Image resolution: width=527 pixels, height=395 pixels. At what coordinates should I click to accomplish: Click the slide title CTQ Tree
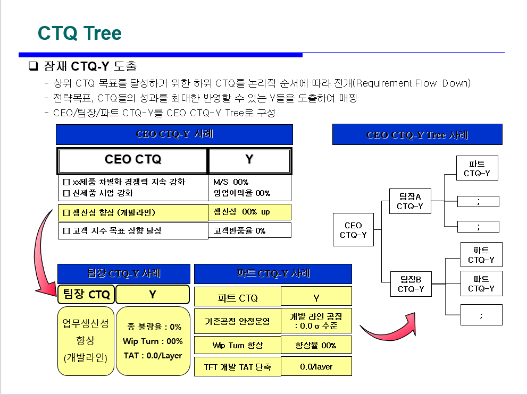(x=80, y=33)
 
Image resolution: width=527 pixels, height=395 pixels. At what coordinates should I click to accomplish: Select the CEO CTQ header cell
(x=132, y=160)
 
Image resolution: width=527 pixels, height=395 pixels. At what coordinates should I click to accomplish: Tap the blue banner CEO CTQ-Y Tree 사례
(x=417, y=135)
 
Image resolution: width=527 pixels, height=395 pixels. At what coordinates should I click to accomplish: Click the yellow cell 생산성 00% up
(x=249, y=212)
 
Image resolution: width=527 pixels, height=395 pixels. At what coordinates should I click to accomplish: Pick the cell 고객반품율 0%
(x=249, y=230)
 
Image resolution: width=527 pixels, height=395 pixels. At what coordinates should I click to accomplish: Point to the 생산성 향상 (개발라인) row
(x=132, y=213)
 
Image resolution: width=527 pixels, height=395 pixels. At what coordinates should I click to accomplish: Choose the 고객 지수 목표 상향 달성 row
(x=132, y=231)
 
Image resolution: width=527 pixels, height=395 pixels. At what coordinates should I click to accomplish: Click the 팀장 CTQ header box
(x=87, y=294)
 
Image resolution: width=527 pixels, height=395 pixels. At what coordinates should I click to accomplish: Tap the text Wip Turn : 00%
(x=153, y=341)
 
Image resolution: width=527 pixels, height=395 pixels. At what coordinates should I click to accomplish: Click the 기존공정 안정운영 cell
(x=237, y=321)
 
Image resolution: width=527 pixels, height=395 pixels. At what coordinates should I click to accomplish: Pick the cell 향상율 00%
(x=316, y=345)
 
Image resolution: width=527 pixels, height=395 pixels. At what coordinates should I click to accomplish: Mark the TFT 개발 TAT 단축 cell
(x=237, y=367)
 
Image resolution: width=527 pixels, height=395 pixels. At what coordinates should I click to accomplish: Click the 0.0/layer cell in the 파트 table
(x=316, y=367)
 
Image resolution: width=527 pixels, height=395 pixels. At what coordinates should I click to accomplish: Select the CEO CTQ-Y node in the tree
(x=353, y=230)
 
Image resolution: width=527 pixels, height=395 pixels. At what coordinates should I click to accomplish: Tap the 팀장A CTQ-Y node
(x=410, y=201)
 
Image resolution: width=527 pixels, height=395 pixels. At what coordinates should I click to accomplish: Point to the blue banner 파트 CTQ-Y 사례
(x=273, y=274)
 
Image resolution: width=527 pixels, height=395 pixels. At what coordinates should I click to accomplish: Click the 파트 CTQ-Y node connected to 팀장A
(x=477, y=168)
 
